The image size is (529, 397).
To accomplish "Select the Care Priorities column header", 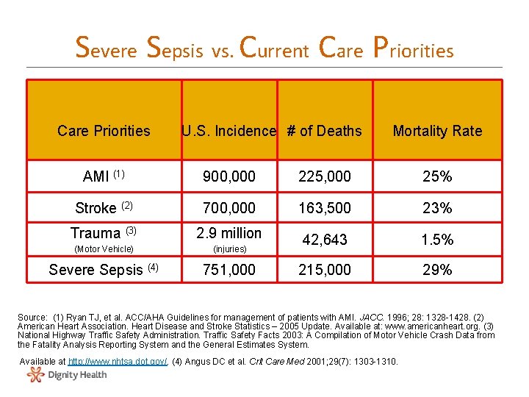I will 104,131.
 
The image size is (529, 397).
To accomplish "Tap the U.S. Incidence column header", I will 228,131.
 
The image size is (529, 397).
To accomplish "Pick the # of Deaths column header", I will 324,131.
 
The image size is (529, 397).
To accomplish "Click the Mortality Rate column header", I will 437,131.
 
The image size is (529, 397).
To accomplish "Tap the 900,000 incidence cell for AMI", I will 228,176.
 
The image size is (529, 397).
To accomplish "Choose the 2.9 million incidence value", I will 228,233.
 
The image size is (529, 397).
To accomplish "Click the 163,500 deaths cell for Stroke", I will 324,208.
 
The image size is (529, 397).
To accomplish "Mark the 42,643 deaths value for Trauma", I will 324,240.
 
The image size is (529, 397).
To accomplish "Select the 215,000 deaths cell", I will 324,270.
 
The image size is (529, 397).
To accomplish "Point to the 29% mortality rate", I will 437,270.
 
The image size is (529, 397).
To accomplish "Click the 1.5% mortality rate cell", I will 437,240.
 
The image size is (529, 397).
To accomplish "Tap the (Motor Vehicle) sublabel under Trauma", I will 104,249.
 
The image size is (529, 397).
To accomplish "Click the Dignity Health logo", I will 67,375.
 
